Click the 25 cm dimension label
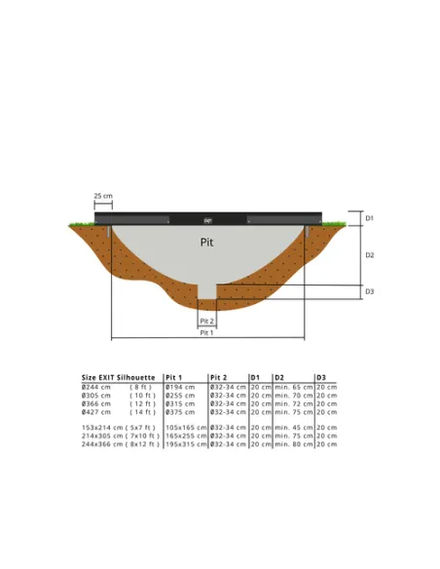[102, 196]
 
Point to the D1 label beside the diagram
[369, 218]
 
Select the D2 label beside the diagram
[369, 254]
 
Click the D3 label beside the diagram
[369, 291]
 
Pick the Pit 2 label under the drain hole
[206, 321]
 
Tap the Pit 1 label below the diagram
[206, 332]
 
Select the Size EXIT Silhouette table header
[118, 377]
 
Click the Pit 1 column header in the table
[173, 377]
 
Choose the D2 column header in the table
[279, 377]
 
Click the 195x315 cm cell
[184, 444]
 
